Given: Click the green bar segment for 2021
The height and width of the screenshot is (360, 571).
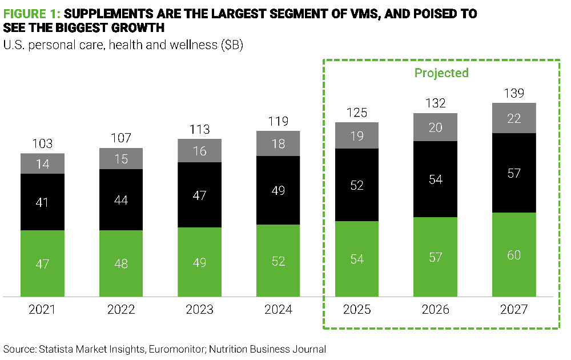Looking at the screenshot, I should (43, 263).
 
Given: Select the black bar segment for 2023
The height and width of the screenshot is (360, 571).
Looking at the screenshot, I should (199, 195).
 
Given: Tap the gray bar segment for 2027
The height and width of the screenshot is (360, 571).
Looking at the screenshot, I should (514, 118).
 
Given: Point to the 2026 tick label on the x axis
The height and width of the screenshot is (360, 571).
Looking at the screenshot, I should (435, 310).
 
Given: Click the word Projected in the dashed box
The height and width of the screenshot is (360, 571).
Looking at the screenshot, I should (441, 73).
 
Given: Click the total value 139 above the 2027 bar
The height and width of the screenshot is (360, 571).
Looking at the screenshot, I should (514, 93).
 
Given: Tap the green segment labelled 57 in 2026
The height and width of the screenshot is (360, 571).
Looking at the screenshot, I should (435, 257).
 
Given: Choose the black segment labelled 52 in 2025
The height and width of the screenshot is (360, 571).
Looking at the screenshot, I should (357, 185).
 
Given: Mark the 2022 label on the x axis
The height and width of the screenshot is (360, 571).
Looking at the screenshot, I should (121, 310).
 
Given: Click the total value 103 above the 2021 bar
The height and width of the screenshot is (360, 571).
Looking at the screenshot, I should (43, 143).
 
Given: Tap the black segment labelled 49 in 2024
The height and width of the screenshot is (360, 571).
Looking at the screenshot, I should (278, 190).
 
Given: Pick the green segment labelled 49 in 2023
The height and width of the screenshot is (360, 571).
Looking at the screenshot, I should (199, 262).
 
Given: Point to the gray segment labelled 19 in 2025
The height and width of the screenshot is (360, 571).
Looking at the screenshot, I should (357, 135).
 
